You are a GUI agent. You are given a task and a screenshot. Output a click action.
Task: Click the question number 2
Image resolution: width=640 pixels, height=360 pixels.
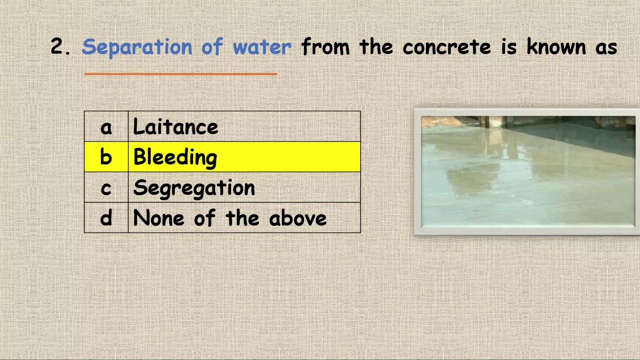point(59,47)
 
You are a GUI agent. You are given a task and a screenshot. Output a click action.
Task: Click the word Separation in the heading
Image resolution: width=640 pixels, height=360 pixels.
point(136,47)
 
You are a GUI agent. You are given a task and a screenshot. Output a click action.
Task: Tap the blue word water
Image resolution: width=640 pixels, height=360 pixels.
point(261,47)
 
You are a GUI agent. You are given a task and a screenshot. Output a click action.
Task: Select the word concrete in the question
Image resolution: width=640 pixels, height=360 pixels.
point(446,47)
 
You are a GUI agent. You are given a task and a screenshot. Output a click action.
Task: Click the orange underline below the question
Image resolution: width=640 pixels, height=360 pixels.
point(180,74)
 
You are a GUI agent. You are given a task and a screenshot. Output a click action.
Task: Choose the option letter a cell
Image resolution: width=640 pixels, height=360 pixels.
point(106,127)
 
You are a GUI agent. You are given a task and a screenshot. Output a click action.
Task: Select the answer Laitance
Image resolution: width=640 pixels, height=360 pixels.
point(175,127)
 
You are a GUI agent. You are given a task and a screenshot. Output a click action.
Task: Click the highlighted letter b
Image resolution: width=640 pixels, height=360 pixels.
point(106,157)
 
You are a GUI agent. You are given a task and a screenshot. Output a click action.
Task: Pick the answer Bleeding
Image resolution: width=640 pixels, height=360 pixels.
point(175,157)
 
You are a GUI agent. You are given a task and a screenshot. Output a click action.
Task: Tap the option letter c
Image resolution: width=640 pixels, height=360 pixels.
point(106,188)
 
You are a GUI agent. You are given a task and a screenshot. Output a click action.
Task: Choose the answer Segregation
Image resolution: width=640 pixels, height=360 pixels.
point(194,188)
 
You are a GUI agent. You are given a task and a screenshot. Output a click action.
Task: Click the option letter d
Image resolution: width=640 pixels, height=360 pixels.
point(106,218)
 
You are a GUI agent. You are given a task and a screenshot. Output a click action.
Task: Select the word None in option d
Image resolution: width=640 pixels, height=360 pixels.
point(158,218)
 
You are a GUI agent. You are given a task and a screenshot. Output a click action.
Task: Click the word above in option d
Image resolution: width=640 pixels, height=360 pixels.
point(298,218)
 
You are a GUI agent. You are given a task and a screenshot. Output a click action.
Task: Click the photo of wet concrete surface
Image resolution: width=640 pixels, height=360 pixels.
point(527,171)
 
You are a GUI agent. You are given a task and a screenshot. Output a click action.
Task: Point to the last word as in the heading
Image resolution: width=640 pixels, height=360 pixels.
point(606,47)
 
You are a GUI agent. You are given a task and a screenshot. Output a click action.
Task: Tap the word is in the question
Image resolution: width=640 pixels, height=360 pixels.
point(509,47)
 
